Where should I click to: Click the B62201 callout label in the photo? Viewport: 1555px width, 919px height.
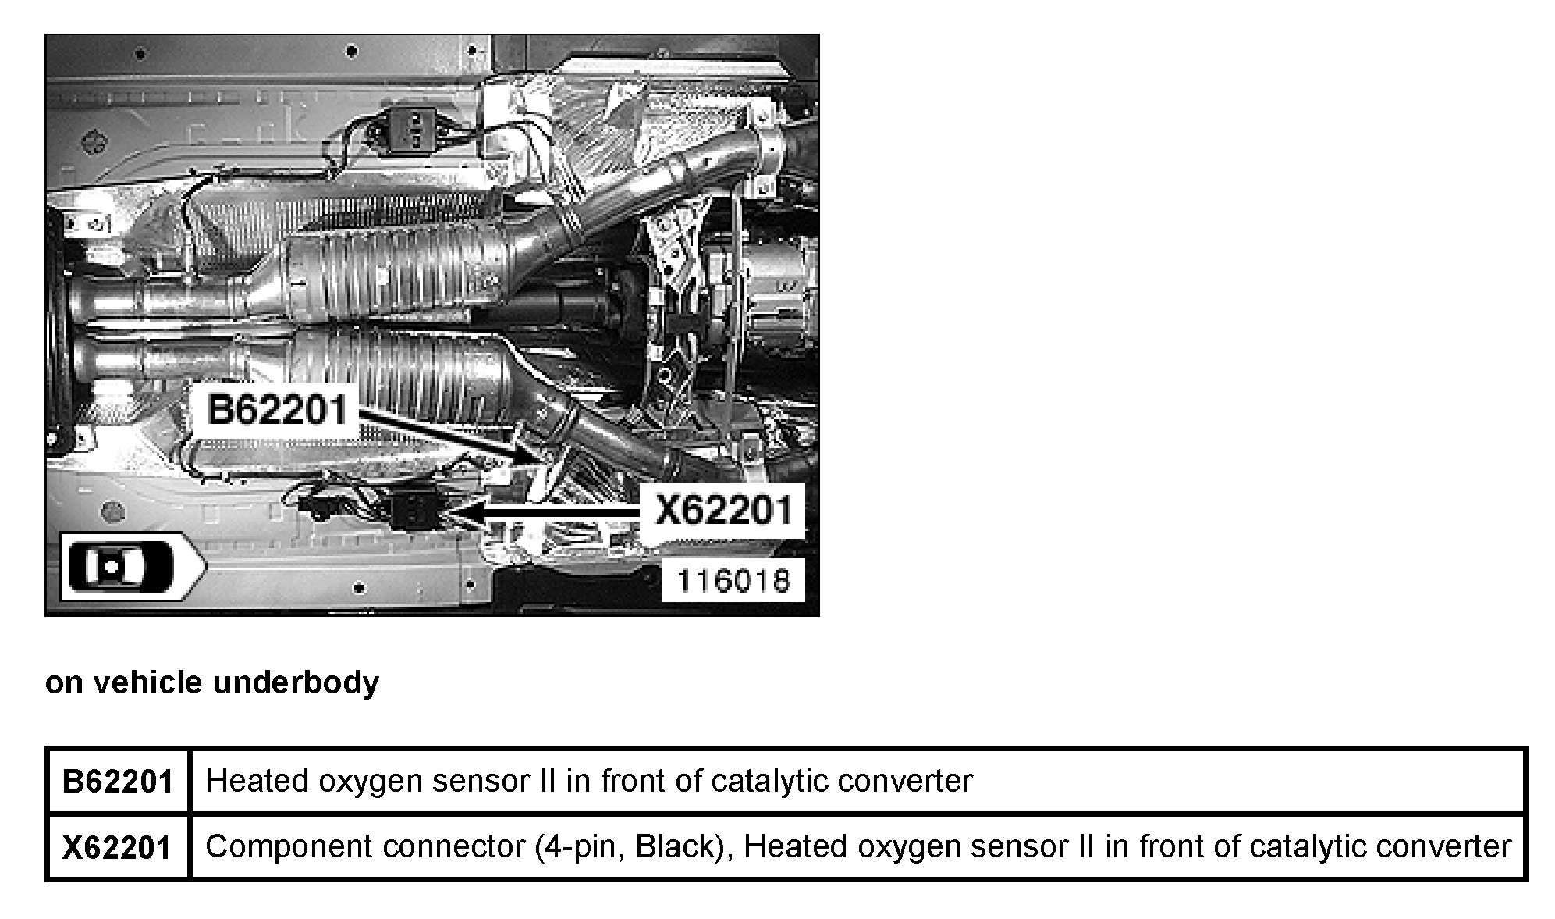click(276, 408)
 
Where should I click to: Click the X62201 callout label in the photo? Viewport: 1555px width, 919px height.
click(722, 511)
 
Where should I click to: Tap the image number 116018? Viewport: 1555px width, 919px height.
click(732, 580)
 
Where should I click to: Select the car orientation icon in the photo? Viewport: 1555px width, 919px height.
click(119, 566)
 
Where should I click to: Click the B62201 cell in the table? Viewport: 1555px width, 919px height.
click(117, 781)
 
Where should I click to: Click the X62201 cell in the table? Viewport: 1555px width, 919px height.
click(117, 847)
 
